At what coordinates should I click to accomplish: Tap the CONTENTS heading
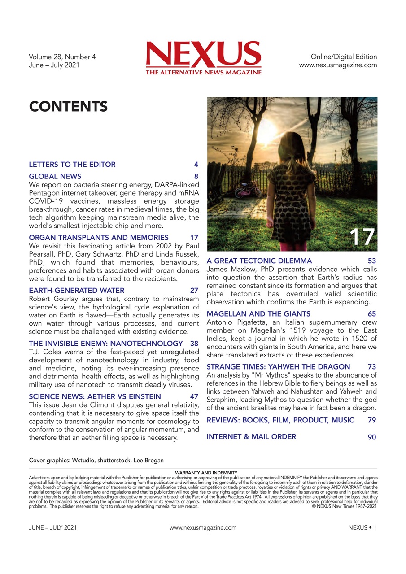pos(68,107)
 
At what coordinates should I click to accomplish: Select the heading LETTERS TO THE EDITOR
pos(72,165)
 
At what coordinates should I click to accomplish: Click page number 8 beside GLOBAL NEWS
pos(196,177)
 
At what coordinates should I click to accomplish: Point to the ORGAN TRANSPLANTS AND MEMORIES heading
pos(99,238)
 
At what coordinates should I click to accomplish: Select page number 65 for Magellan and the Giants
pos(372,314)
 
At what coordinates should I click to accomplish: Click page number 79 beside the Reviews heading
pos(372,420)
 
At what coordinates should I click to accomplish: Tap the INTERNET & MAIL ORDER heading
pos(251,437)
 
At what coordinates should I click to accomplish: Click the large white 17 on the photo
pos(362,237)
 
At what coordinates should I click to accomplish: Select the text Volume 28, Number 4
pos(62,57)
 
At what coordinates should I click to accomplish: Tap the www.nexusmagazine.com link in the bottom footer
pos(203,528)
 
